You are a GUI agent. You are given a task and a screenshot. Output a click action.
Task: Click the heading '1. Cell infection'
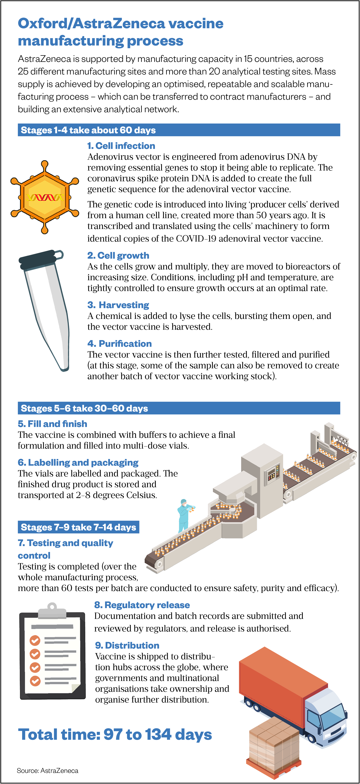(x=121, y=146)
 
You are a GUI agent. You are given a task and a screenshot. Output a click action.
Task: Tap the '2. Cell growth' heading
(x=118, y=255)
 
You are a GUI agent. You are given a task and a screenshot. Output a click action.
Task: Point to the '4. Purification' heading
(x=120, y=344)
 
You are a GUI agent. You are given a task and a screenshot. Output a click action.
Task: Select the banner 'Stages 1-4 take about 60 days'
(x=179, y=130)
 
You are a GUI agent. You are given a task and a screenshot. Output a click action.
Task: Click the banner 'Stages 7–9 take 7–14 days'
(x=78, y=527)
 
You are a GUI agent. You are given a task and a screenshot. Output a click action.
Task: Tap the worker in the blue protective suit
(x=185, y=516)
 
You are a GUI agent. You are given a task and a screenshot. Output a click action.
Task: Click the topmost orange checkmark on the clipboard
(x=35, y=640)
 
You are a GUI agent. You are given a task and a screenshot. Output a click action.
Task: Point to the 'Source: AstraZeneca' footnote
(x=47, y=771)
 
